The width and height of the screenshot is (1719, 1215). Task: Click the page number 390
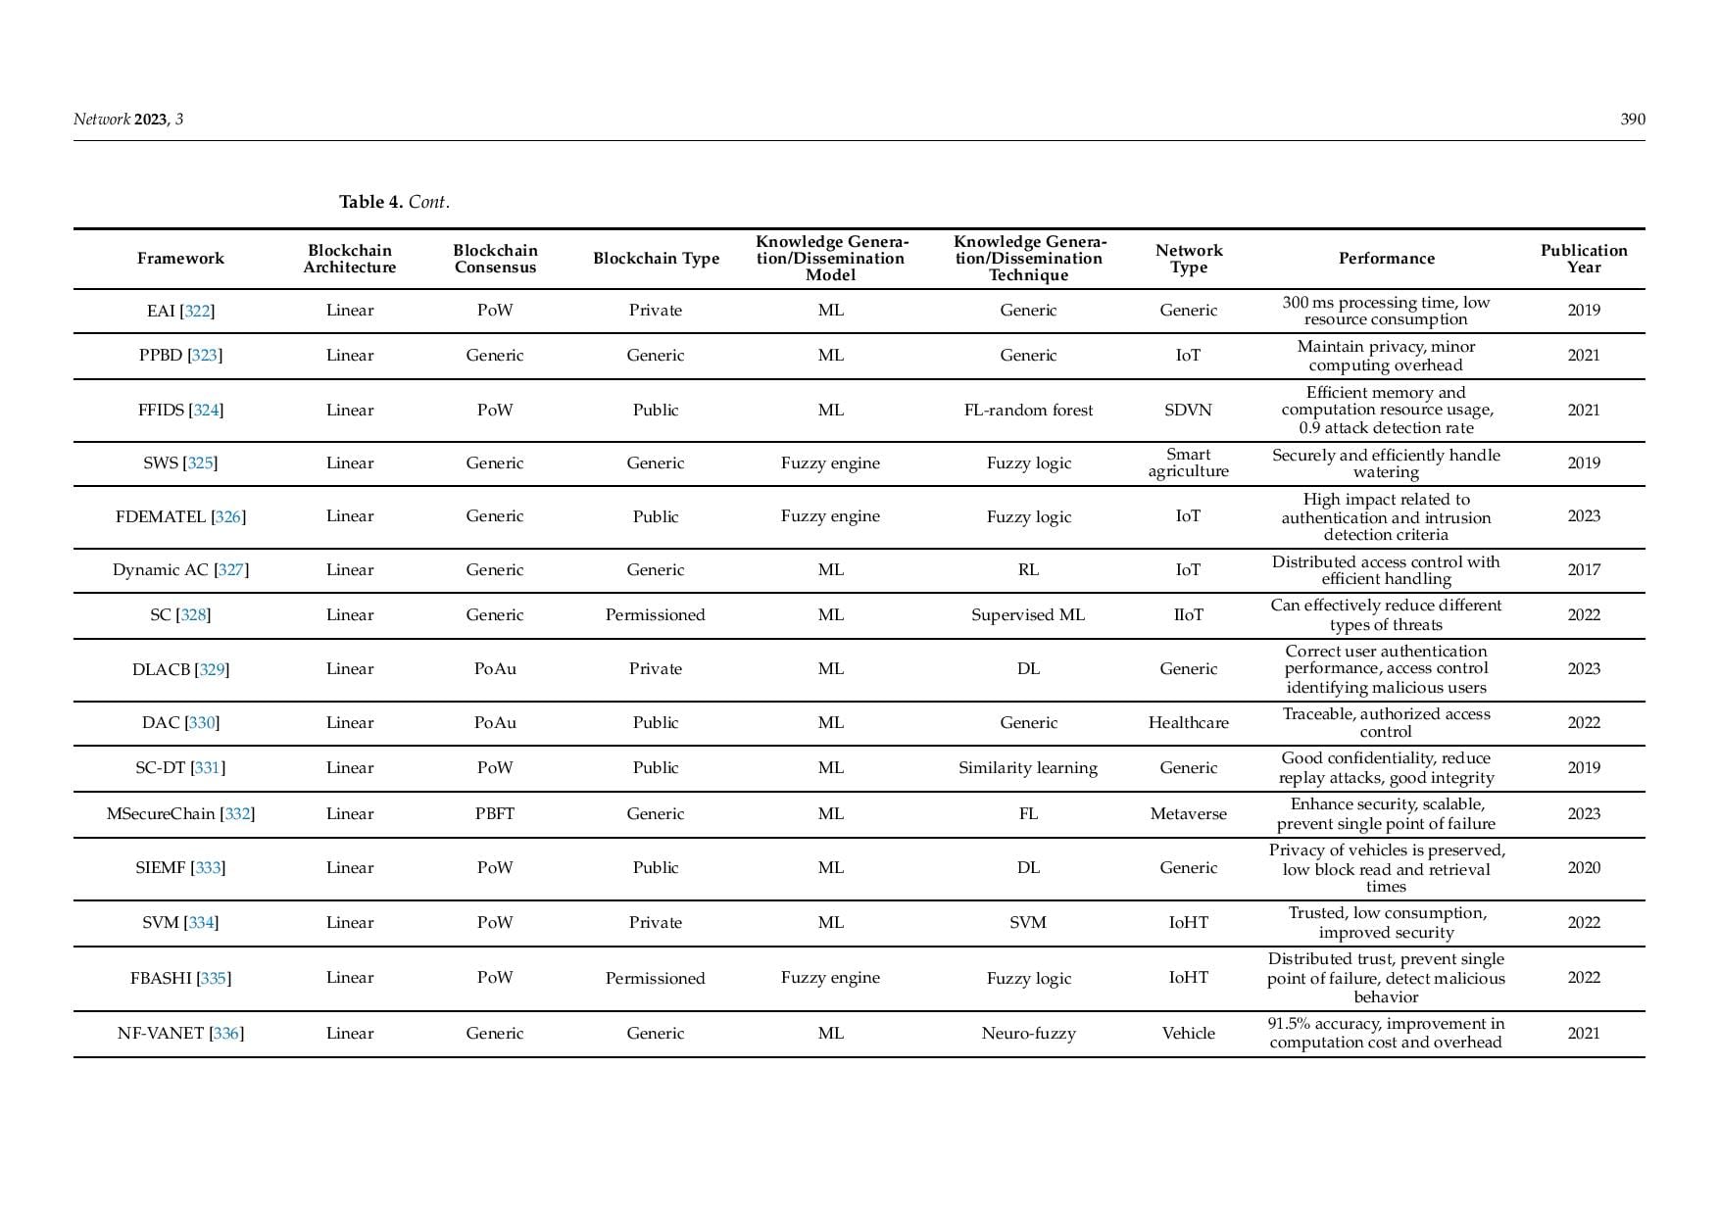[x=1632, y=120]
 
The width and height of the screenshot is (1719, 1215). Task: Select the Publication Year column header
[x=1583, y=259]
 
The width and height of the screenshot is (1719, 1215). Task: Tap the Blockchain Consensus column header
[x=495, y=259]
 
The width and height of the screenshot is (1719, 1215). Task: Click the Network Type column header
[x=1188, y=259]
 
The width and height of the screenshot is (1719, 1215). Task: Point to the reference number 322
[x=197, y=311]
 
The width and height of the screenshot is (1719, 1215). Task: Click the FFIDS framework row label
[x=162, y=411]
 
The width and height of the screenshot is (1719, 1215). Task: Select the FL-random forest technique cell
[x=1028, y=411]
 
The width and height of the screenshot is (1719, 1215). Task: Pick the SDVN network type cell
[x=1188, y=411]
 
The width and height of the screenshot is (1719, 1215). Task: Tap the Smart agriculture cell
[x=1188, y=462]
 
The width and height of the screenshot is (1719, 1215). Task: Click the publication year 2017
[x=1583, y=570]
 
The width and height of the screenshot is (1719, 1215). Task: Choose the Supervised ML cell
[x=1028, y=615]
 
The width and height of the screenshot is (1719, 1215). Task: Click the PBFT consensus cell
[x=495, y=814]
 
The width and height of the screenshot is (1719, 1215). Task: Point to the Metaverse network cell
[x=1188, y=814]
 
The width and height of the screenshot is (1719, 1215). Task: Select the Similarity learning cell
[x=1028, y=768]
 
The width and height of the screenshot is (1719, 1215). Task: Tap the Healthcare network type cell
[x=1188, y=723]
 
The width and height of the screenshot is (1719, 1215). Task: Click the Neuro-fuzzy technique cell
[x=1028, y=1034]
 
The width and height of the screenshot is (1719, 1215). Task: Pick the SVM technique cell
[x=1028, y=923]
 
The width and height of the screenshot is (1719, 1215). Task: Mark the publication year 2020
[x=1583, y=868]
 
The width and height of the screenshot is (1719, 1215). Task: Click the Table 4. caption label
[x=370, y=202]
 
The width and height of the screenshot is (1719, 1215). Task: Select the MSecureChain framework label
[x=161, y=814]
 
